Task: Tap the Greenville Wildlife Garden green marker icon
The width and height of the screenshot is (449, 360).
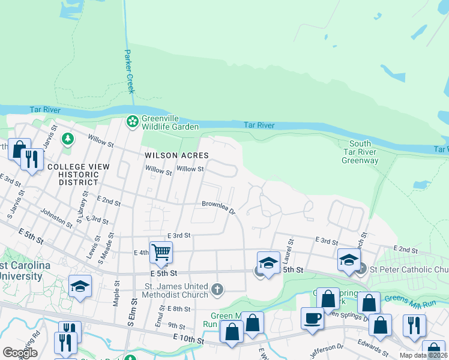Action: coord(132,122)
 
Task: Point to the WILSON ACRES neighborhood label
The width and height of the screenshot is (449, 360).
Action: coord(176,155)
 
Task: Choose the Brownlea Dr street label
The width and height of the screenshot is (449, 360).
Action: coord(218,206)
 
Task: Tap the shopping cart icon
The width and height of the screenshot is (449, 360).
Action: coord(161,251)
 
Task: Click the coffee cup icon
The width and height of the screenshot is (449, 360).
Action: coord(312,318)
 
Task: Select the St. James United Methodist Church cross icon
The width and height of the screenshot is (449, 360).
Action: coord(218,290)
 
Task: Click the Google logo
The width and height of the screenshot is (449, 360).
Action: coord(20,353)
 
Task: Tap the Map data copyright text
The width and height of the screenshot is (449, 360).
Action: coord(424,356)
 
